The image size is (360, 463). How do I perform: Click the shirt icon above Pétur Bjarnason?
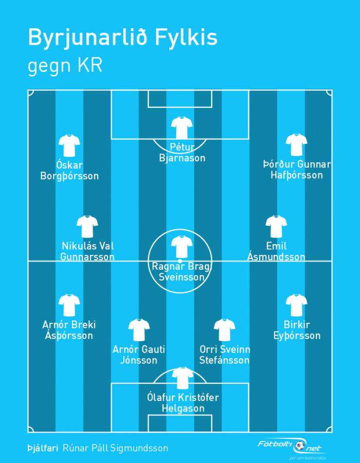pos(182,127)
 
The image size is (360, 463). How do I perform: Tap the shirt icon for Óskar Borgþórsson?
pos(69,145)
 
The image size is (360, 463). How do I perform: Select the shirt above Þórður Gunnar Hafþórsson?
pos(296,145)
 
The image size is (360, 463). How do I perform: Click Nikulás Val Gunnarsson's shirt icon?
pos(87,227)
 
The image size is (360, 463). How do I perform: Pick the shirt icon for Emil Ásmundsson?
pos(276,227)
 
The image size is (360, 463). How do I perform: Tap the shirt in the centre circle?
pos(182,247)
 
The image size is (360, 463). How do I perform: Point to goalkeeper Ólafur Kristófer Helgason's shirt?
pos(183,378)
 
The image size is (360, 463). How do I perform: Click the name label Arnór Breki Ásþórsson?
pos(69,330)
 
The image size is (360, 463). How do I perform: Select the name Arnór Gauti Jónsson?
pos(139,355)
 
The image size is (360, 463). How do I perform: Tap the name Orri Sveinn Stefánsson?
pos(225,355)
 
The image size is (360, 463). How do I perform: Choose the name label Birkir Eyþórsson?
pos(297,330)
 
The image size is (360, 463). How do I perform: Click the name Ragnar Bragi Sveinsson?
pos(182,272)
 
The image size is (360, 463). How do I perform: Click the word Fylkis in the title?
pos(186,38)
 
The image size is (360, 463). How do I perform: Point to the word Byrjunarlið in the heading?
pos(87,38)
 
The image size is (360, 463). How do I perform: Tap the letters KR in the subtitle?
pos(90,65)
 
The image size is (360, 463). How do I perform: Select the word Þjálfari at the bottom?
pos(43,448)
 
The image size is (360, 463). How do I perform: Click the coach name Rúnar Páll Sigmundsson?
pos(116,448)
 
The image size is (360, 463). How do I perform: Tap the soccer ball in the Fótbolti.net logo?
pos(300,446)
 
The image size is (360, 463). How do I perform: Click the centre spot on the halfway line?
pos(179,262)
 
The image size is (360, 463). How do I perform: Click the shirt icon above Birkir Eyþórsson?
pos(296,305)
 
